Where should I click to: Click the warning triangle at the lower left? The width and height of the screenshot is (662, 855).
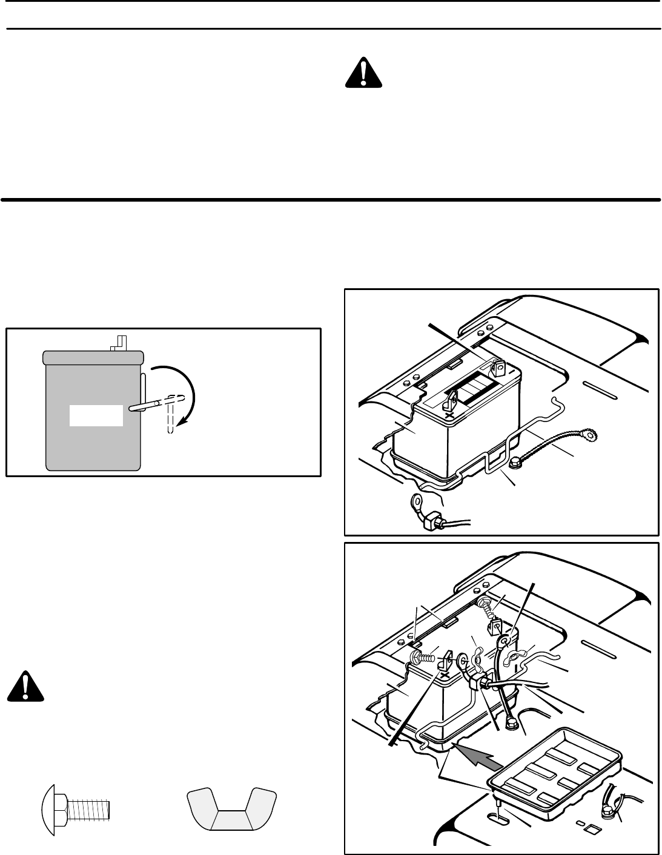click(x=26, y=687)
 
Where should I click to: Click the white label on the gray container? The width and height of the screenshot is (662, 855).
click(x=96, y=416)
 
